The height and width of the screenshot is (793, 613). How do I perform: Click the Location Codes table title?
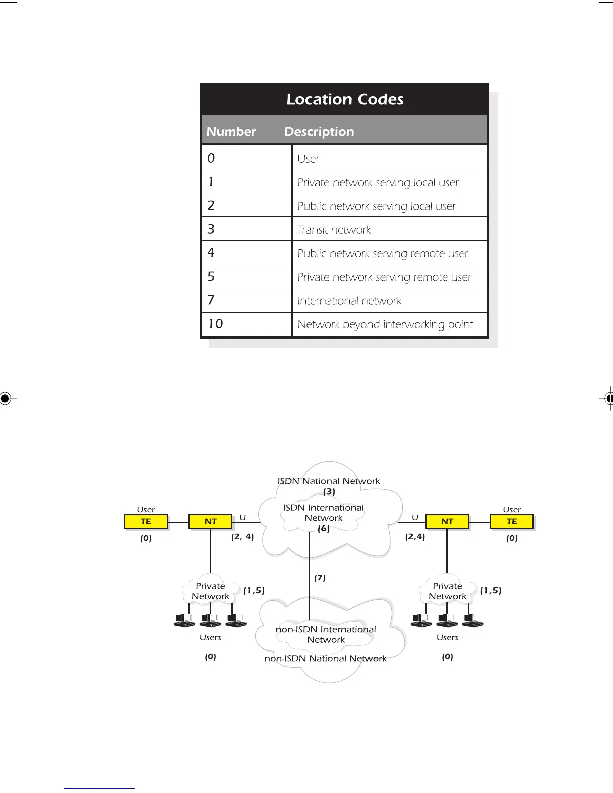pos(345,99)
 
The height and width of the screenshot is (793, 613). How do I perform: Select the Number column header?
pos(231,131)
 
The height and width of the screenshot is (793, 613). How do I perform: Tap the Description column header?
pos(319,131)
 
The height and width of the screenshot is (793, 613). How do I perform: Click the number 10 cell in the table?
pos(216,324)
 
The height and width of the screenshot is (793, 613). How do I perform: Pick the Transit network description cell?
pos(334,230)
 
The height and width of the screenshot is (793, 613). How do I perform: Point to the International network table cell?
pos(349,301)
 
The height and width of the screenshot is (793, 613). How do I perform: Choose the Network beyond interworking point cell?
pos(385,325)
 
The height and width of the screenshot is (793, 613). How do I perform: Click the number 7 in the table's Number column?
pos(211,300)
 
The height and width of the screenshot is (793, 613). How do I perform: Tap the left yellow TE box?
pos(146,521)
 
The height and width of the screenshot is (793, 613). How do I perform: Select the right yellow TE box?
pos(512,521)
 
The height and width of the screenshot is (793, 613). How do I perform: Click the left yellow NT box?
pos(211,521)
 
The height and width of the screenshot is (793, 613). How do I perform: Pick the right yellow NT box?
pos(447,521)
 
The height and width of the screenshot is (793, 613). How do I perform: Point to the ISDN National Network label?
pos(329,481)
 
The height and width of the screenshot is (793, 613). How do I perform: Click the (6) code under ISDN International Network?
pos(324,528)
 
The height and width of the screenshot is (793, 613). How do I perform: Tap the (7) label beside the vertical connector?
pos(320,578)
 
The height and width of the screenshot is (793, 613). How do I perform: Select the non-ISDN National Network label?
pos(326,658)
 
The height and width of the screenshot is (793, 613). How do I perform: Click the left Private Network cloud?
pos(210,591)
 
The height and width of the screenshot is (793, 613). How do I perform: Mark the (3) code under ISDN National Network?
pos(329,492)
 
